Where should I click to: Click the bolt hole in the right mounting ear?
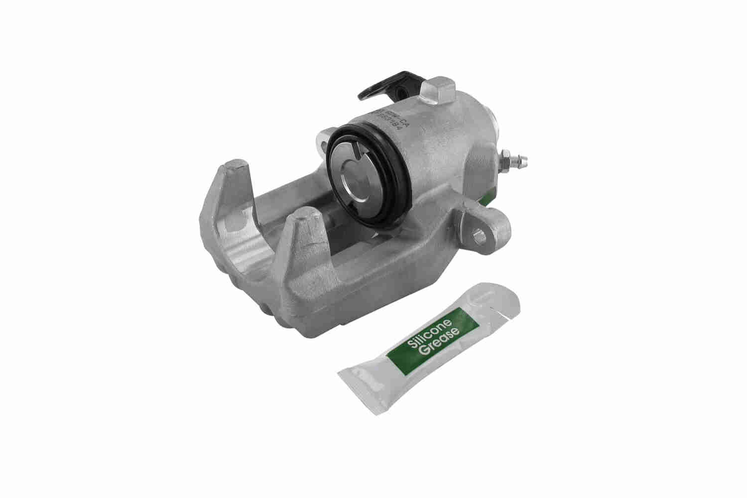[x=480, y=236]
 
